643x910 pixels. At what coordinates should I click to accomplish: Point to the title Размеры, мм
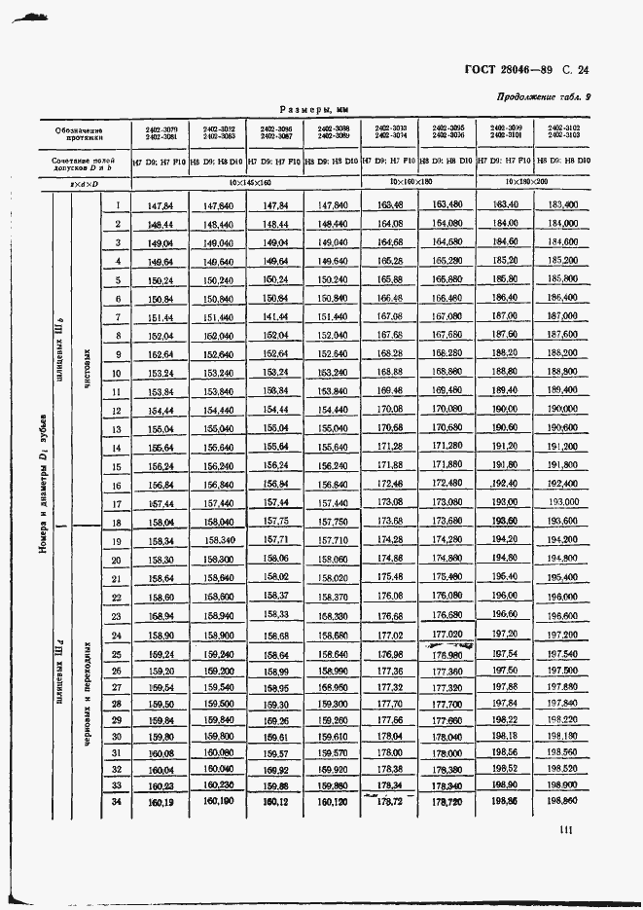pyautogui.click(x=313, y=110)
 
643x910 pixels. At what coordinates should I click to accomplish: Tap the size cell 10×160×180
pyautogui.click(x=417, y=182)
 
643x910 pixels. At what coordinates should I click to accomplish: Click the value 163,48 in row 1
pyautogui.click(x=390, y=205)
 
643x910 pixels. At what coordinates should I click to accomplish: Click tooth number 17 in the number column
pyautogui.click(x=117, y=503)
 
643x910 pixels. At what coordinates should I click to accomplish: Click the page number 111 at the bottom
pyautogui.click(x=566, y=829)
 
